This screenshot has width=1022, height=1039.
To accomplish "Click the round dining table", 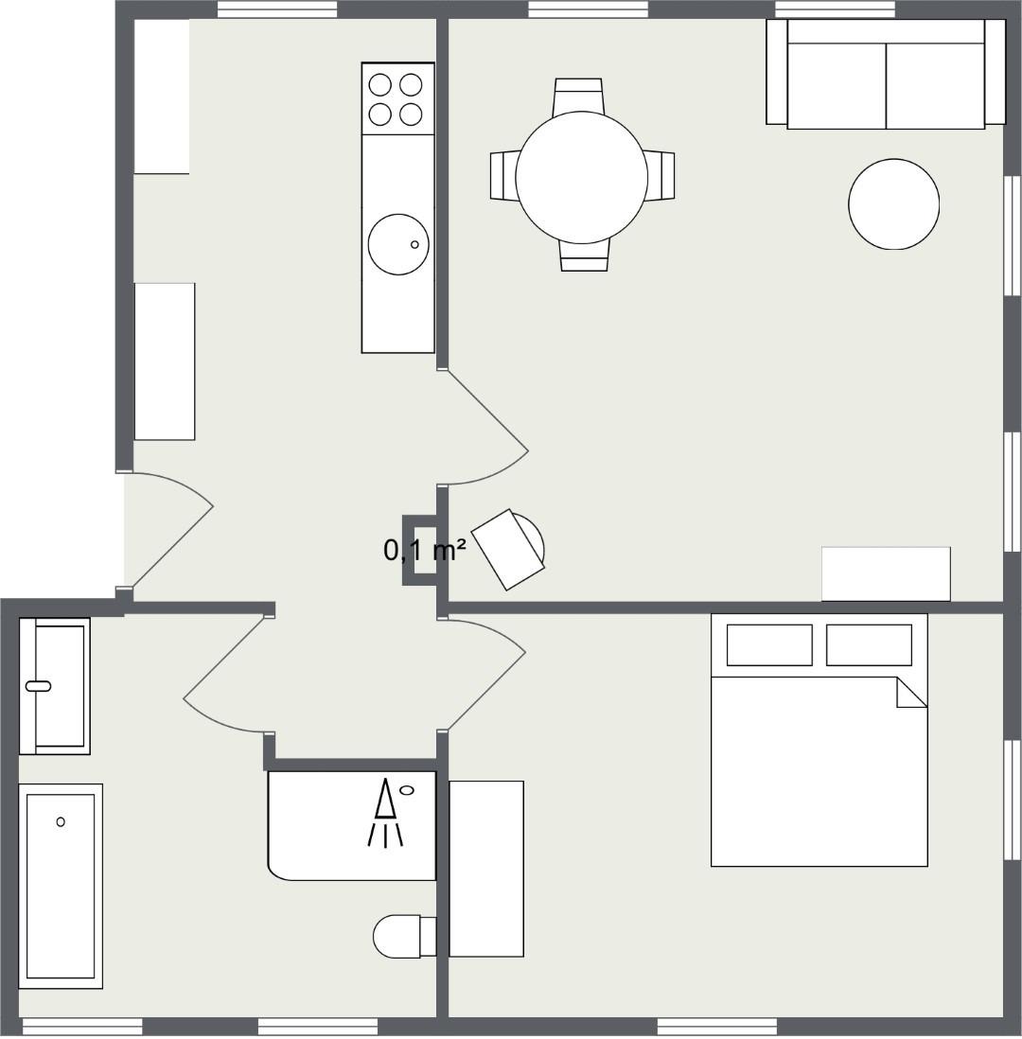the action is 581,178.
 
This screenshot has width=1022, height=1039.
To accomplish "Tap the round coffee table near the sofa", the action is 894,204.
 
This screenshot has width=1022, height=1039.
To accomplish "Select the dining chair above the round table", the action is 578,96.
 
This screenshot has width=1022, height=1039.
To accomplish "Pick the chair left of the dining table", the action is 503,175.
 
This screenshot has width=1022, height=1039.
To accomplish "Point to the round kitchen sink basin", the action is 398,244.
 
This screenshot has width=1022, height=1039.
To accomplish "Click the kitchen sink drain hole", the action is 414,244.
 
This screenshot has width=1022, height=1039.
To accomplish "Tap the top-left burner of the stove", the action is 379,85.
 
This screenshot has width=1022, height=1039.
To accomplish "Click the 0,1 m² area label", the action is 425,550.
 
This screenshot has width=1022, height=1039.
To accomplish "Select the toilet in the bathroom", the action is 404,936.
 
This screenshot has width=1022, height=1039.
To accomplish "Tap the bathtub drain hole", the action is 61,821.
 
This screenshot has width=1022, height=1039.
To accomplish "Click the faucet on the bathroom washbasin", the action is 38,686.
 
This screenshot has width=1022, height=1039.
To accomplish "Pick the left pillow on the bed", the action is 769,644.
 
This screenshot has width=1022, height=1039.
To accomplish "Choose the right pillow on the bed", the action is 869,644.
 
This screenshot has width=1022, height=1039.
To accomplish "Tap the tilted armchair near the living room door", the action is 508,550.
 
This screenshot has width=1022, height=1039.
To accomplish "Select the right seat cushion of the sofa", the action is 935,85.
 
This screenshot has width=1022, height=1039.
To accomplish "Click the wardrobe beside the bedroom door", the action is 486,869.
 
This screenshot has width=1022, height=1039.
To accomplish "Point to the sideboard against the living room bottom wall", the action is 886,573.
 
